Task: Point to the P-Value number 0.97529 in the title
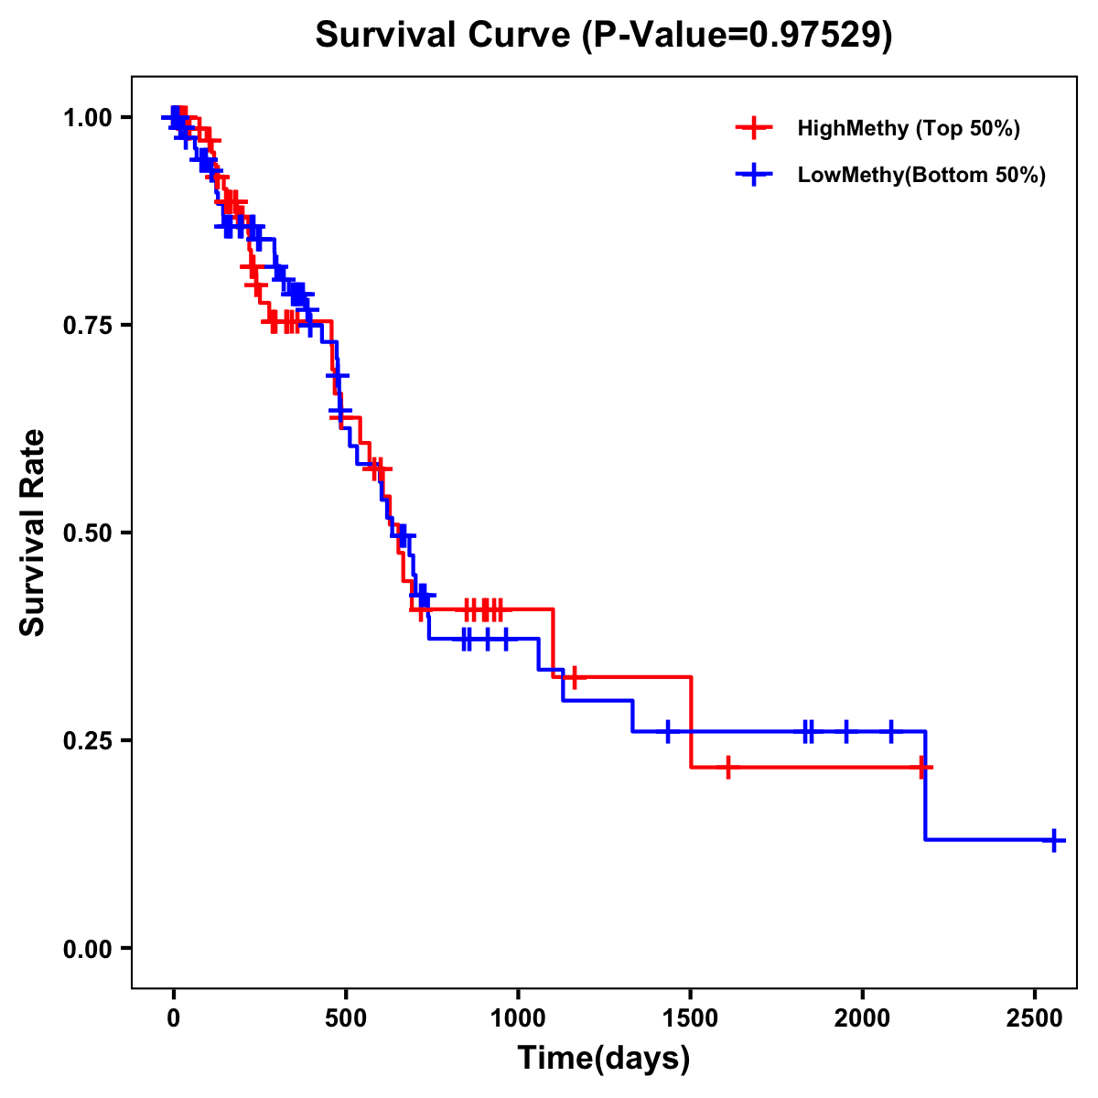coord(816,36)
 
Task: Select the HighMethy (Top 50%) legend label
coord(908,128)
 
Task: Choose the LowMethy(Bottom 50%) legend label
coord(921,175)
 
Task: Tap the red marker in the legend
coord(753,128)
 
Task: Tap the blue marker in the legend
coord(753,175)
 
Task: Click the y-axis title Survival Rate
coord(33,533)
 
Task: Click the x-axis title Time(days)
coord(604,1059)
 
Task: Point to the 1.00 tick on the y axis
coord(87,117)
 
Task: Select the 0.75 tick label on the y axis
coord(87,325)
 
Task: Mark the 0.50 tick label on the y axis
coord(87,533)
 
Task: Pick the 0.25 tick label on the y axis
coord(87,740)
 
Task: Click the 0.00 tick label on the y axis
coord(87,949)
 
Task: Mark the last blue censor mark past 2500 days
coord(1054,840)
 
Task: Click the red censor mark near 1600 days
coord(727,767)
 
